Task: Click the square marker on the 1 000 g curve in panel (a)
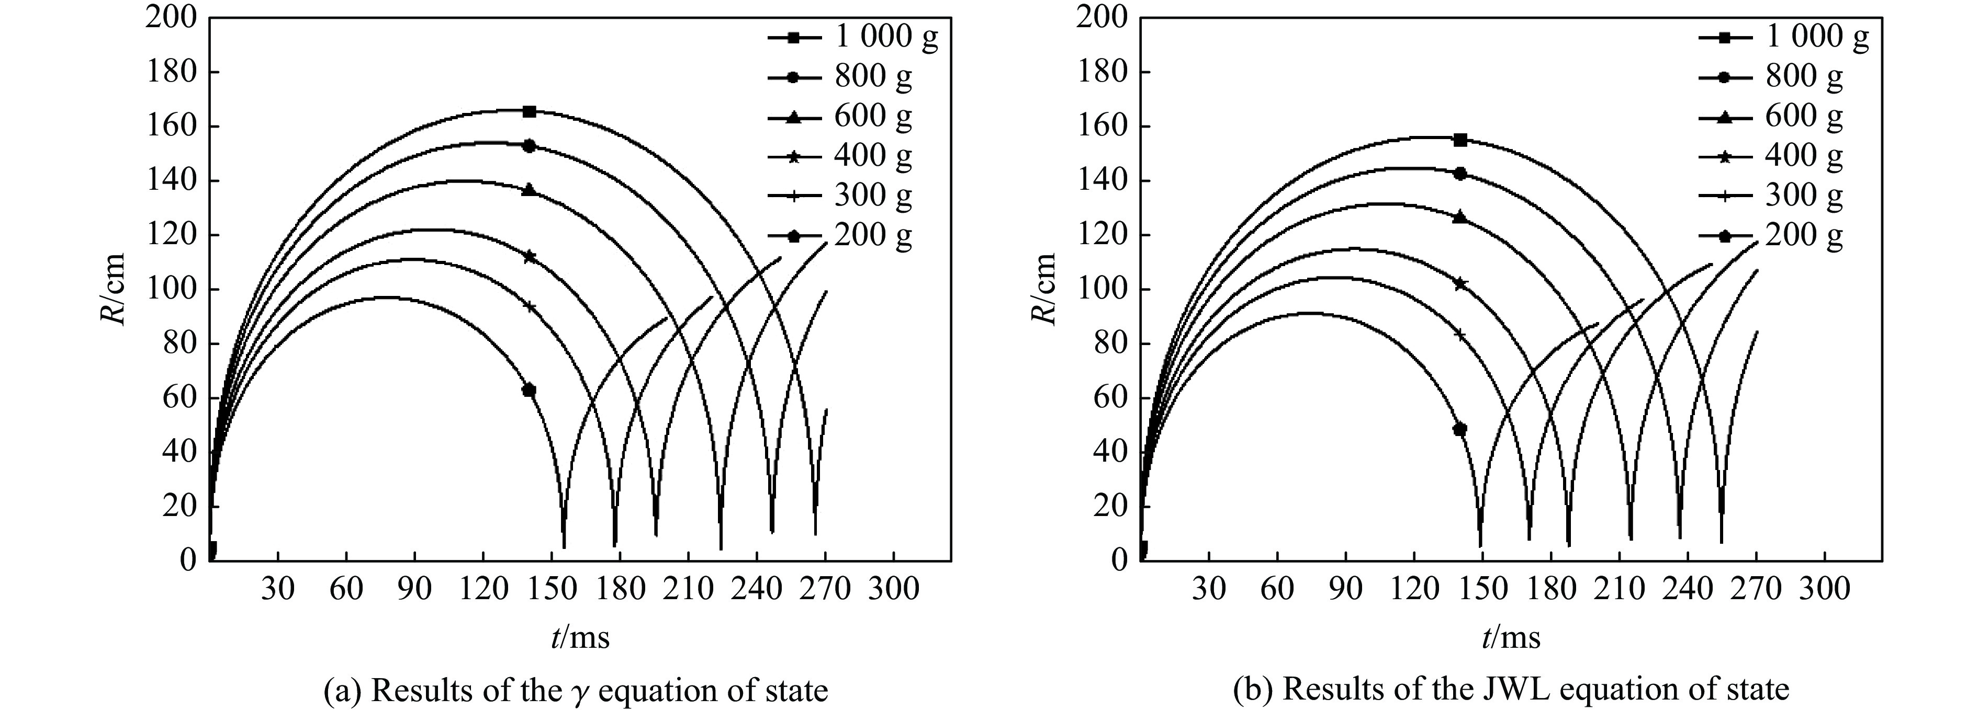tap(529, 111)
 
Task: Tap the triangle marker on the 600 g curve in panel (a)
tap(529, 190)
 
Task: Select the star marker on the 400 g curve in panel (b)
tap(1460, 284)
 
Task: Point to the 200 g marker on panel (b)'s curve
tap(1460, 429)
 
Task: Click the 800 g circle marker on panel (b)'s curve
tap(1460, 174)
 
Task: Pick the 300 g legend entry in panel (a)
tap(841, 196)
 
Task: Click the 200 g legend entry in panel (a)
tap(841, 236)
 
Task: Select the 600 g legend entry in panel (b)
tap(1770, 116)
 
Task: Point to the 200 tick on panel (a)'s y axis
tap(171, 18)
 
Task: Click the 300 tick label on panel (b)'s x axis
tap(1825, 590)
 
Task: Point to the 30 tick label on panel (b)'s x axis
tap(1209, 590)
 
